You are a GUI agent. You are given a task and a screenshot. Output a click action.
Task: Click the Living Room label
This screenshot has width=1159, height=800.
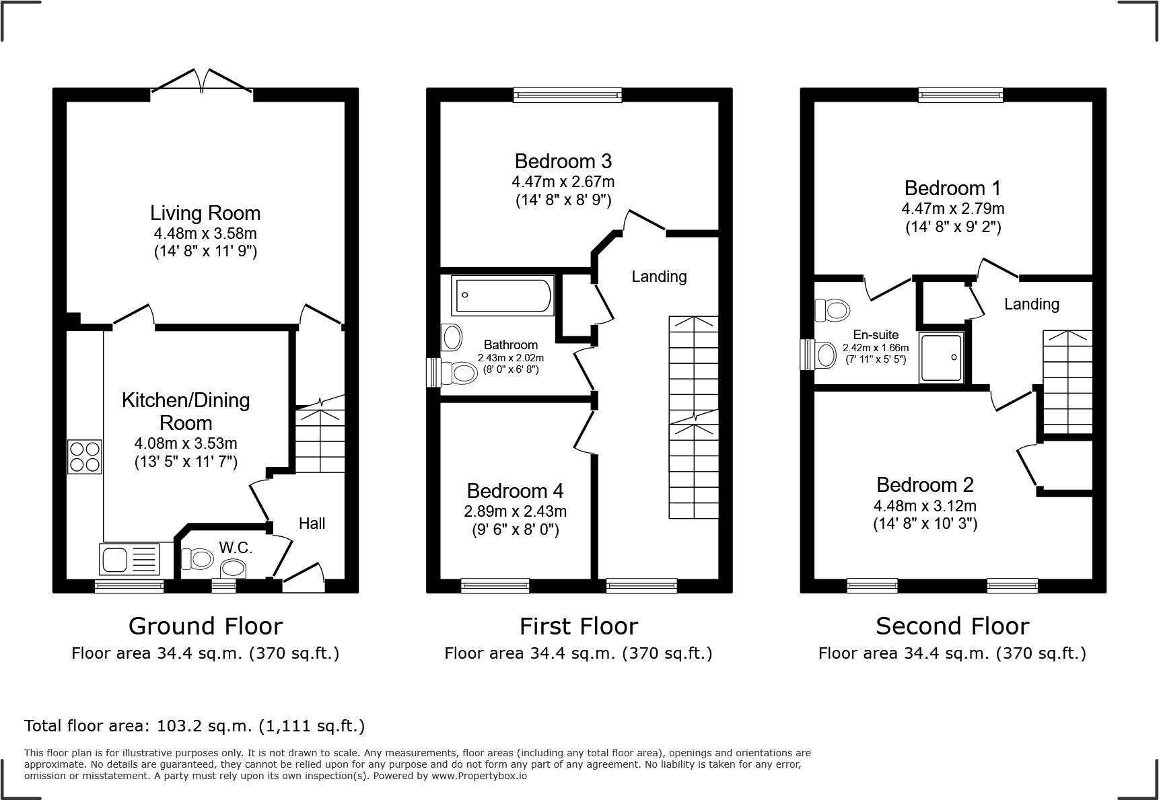[x=205, y=213]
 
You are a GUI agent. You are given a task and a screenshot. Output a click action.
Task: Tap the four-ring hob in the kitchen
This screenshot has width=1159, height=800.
[x=85, y=456]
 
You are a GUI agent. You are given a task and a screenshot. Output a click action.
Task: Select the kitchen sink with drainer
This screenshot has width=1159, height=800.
[x=130, y=559]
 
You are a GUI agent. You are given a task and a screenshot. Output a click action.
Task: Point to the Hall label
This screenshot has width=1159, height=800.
[x=312, y=523]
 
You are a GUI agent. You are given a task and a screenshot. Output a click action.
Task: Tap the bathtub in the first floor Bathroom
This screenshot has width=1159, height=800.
[x=503, y=295]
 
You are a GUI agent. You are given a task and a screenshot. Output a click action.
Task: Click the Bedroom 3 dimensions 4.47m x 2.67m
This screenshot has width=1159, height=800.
[x=563, y=182]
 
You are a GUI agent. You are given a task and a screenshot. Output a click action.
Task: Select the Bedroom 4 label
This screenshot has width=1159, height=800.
[x=515, y=490]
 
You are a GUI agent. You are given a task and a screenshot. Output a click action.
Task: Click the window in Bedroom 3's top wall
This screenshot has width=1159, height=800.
[x=567, y=96]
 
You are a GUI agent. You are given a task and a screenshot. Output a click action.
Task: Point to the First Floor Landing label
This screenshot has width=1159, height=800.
[x=659, y=277]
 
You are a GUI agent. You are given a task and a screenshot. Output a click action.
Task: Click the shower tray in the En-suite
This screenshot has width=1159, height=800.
[x=942, y=358]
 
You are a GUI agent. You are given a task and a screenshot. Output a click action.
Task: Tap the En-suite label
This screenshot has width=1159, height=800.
[x=875, y=335]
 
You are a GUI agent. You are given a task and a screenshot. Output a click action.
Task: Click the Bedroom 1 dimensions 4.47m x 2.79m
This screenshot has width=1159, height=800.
[x=952, y=209]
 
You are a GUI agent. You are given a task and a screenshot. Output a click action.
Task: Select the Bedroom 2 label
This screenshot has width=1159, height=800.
[x=925, y=484]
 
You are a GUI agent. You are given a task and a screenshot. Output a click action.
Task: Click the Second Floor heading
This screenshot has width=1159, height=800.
[x=952, y=626]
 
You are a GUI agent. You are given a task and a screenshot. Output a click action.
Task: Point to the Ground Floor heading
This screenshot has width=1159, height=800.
[x=205, y=626]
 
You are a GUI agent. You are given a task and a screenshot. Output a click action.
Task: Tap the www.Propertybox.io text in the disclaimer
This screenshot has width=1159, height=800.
[x=479, y=776]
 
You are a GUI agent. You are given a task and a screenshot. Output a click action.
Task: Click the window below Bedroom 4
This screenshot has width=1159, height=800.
[x=495, y=586]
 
